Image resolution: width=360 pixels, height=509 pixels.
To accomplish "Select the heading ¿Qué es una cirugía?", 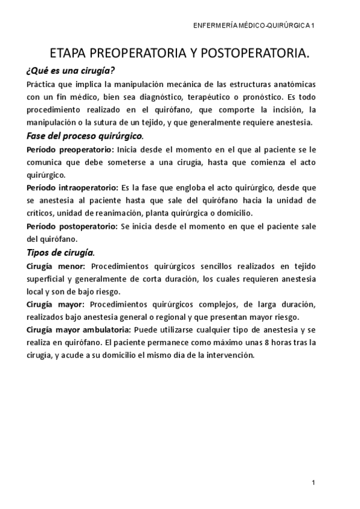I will (71, 70).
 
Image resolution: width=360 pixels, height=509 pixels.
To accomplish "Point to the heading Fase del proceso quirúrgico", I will (85, 136).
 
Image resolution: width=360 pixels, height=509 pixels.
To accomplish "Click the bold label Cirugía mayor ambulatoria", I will (79, 330).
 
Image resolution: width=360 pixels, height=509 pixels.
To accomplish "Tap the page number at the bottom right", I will (314, 482).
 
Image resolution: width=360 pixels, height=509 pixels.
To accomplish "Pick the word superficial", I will (49, 279).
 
